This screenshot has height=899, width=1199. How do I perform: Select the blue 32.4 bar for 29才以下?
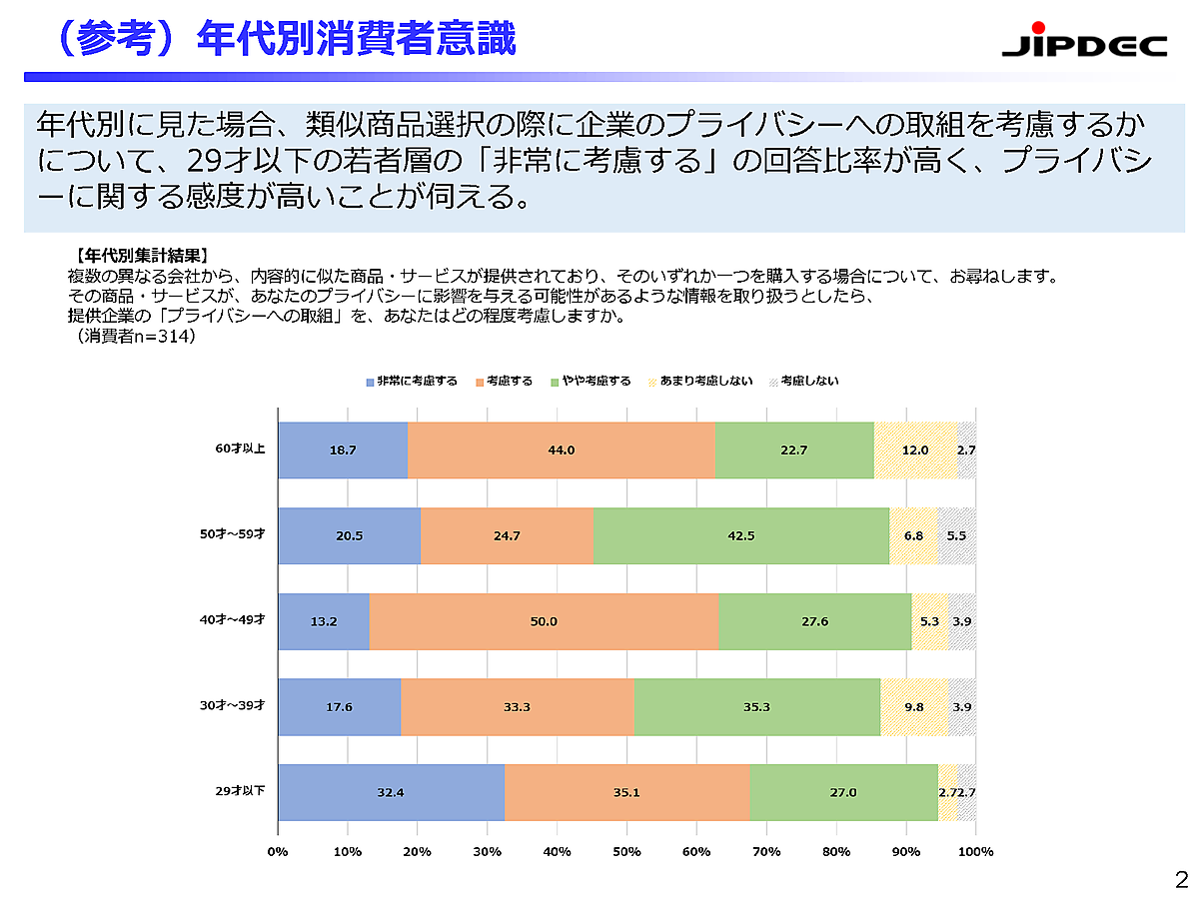pyautogui.click(x=391, y=793)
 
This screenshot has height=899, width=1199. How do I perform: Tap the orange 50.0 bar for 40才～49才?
pyautogui.click(x=544, y=621)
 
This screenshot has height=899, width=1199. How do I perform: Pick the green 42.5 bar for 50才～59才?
pyautogui.click(x=740, y=536)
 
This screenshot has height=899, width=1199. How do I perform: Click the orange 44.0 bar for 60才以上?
pyautogui.click(x=561, y=450)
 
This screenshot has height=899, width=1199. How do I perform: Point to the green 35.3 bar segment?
pyautogui.click(x=757, y=707)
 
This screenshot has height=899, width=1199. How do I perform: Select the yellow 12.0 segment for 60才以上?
pyautogui.click(x=914, y=450)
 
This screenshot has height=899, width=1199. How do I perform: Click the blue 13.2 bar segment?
pyautogui.click(x=324, y=621)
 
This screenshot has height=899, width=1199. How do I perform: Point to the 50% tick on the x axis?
pyautogui.click(x=626, y=851)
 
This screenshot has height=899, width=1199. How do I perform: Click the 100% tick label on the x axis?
pyautogui.click(x=975, y=851)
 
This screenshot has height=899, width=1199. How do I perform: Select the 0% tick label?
pyautogui.click(x=278, y=851)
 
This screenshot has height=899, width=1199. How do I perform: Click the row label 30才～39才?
pyautogui.click(x=232, y=706)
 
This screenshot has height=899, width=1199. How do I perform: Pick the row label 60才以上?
pyautogui.click(x=240, y=449)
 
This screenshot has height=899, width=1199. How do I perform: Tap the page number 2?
pyautogui.click(x=1181, y=880)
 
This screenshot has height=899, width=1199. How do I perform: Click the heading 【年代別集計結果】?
pyautogui.click(x=140, y=256)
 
